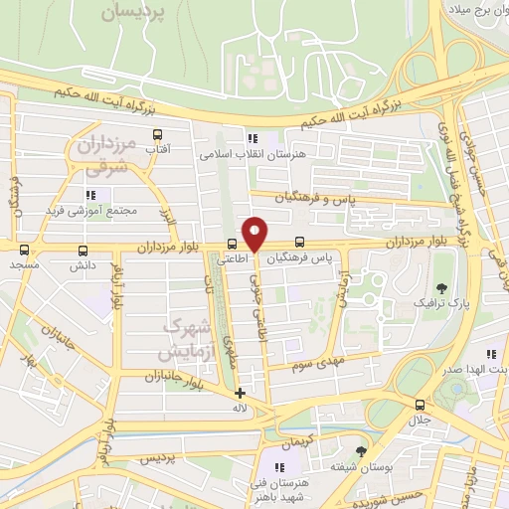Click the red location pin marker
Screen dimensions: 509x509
(x=255, y=233)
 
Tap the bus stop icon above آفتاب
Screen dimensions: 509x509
(x=157, y=134)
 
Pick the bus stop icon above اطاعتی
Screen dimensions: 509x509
(x=232, y=244)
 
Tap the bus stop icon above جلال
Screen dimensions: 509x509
(x=420, y=405)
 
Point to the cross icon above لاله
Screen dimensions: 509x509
(x=239, y=393)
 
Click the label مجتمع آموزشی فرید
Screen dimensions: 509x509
(x=88, y=212)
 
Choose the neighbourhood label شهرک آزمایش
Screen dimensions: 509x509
(x=183, y=339)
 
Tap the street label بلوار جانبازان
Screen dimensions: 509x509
(x=145, y=376)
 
